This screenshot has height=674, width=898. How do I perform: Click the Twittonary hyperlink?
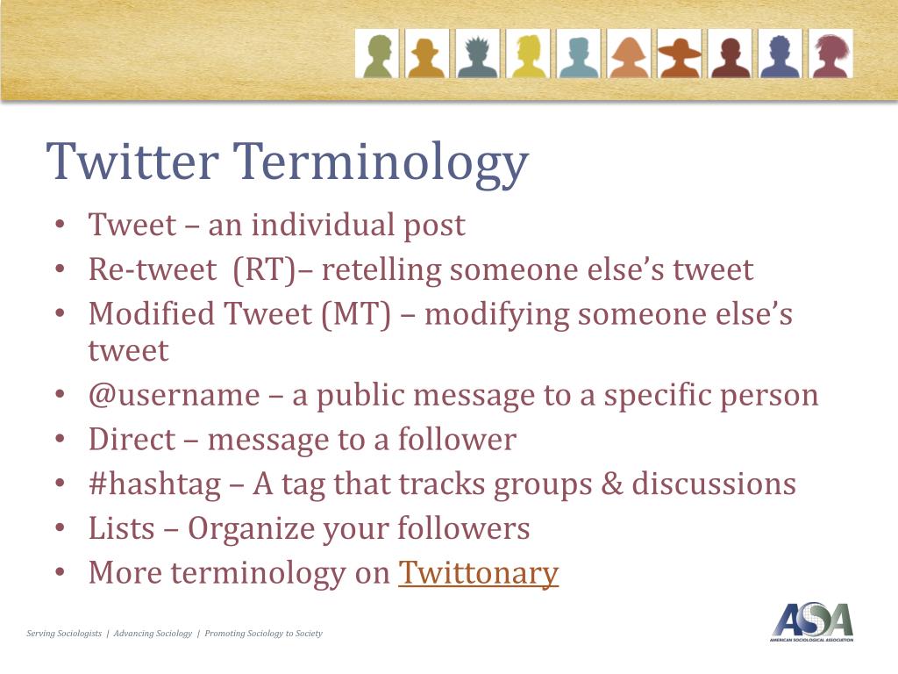click(478, 572)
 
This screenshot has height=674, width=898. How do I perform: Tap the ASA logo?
click(812, 622)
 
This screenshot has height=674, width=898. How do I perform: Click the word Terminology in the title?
click(381, 162)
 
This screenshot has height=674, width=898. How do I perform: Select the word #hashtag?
click(154, 484)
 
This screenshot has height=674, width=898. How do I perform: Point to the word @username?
click(175, 396)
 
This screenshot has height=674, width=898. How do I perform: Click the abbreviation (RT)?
click(265, 270)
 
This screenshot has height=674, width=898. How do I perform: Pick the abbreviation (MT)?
click(356, 315)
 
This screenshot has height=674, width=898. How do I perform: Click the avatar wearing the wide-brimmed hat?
click(680, 54)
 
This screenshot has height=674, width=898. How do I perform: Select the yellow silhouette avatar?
click(528, 54)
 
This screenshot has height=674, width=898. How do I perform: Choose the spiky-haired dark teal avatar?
click(478, 54)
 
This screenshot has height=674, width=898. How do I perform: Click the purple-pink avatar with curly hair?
click(831, 54)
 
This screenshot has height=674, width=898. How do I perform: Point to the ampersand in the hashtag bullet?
click(611, 484)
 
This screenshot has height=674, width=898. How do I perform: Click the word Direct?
click(132, 440)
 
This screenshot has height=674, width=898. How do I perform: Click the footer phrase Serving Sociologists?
click(64, 634)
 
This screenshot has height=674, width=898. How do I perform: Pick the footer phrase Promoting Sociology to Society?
click(263, 634)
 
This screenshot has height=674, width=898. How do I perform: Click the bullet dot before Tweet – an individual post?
click(61, 224)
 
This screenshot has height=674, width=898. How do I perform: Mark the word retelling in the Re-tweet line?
click(381, 270)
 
